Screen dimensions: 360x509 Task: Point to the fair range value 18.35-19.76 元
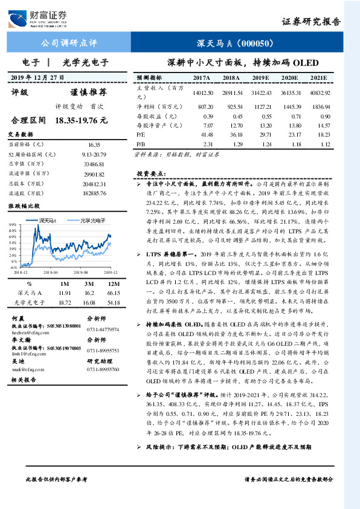[80, 120]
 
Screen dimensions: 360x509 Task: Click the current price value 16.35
[95, 145]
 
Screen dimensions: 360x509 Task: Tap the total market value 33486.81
[95, 164]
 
